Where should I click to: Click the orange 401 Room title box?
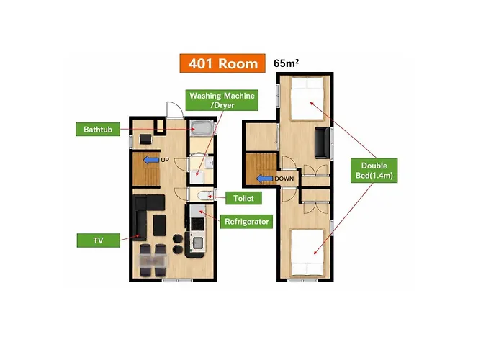[x=222, y=63]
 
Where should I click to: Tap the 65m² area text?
[x=286, y=63]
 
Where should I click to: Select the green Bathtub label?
[x=98, y=129]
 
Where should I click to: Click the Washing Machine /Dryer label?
[x=222, y=100]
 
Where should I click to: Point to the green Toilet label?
[x=243, y=198]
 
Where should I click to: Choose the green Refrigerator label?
[x=246, y=222]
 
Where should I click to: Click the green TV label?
[x=99, y=240]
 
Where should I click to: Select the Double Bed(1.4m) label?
[x=374, y=171]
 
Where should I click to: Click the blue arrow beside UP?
[x=151, y=159]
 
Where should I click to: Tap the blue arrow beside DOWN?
[x=264, y=179]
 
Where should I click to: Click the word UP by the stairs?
[x=165, y=160]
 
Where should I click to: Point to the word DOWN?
[x=284, y=179]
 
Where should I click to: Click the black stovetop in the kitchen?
[x=198, y=224]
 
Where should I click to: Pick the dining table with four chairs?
[x=153, y=261]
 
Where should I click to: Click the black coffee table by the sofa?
[x=159, y=225]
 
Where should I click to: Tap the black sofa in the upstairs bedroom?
[x=323, y=143]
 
